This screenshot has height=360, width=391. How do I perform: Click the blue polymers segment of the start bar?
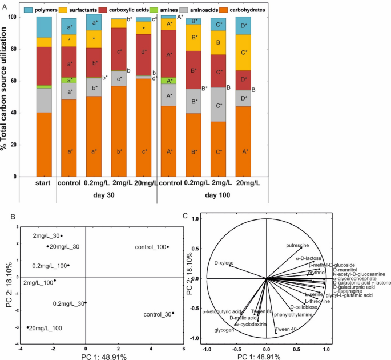[x=44, y=27]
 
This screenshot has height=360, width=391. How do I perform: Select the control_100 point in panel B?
[x=168, y=247]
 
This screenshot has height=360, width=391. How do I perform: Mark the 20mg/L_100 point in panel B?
[x=27, y=327]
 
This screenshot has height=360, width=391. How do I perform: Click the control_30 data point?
[x=173, y=313]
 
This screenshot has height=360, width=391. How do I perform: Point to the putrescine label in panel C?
[x=297, y=245]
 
